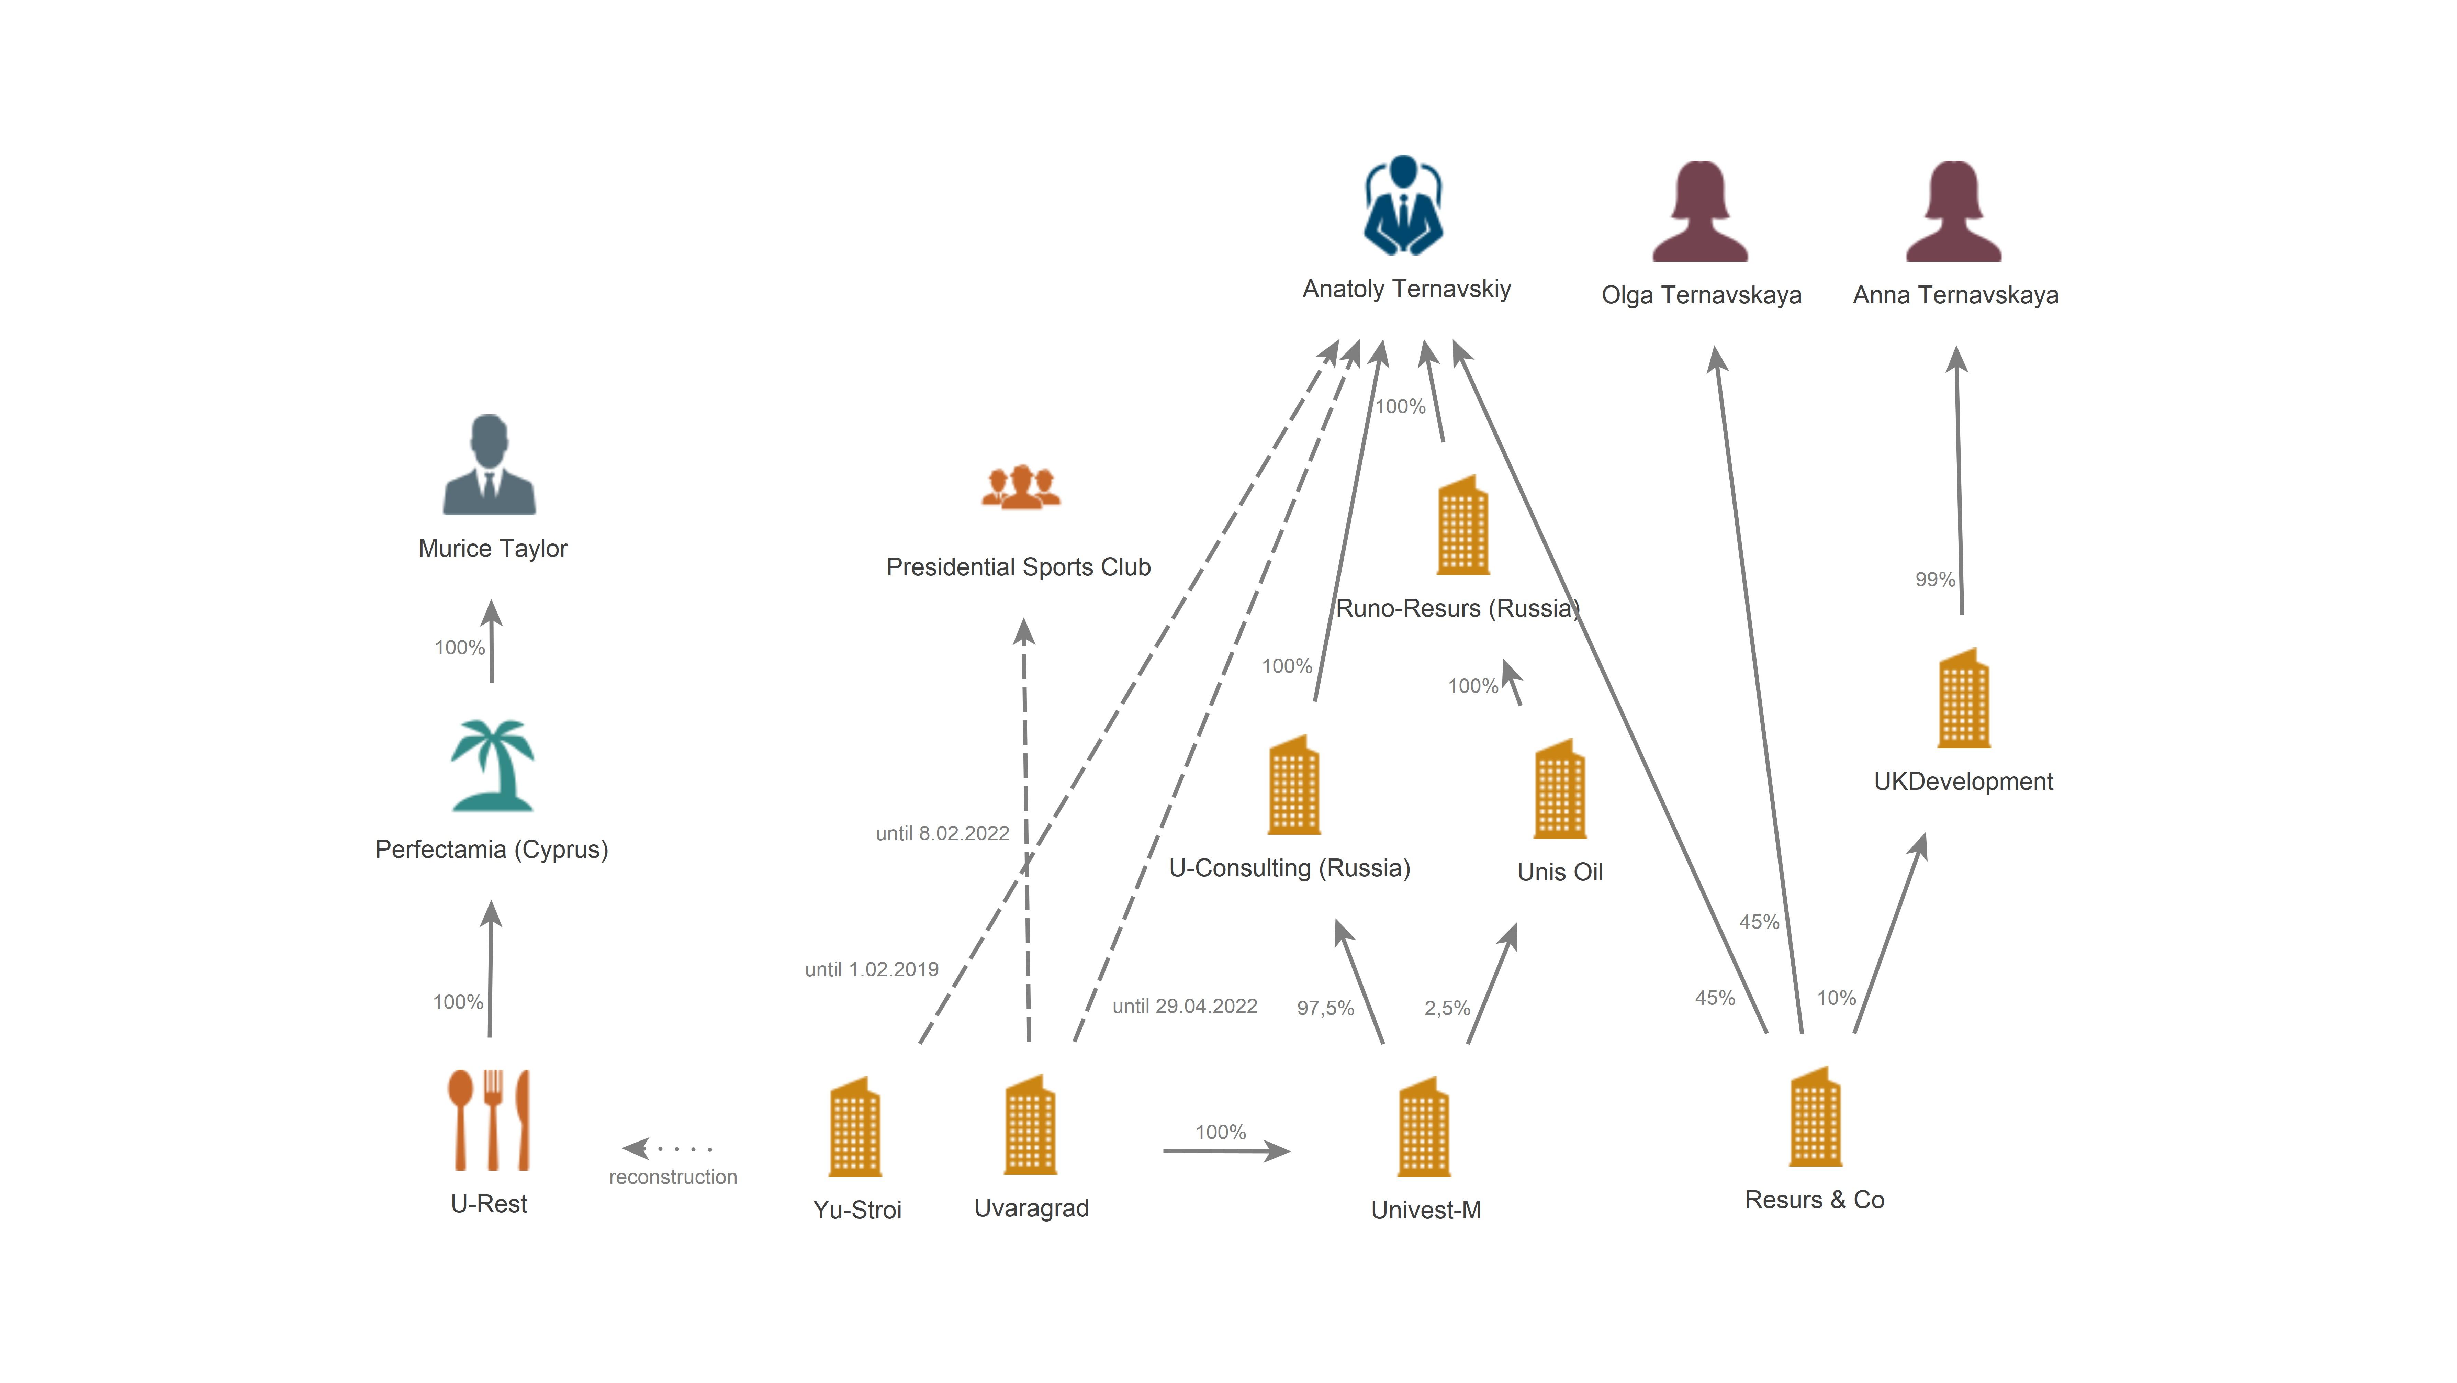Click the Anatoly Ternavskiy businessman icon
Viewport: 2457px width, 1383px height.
coord(1403,205)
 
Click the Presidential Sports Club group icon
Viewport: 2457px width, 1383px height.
coord(1022,486)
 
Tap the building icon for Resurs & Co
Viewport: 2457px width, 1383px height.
coord(1815,1116)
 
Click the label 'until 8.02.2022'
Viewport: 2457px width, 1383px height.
coord(942,834)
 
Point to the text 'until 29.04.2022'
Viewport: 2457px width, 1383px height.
coord(1185,1006)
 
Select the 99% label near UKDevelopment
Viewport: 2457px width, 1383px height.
coord(1935,579)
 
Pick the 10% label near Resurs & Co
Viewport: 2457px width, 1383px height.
coord(1836,998)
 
